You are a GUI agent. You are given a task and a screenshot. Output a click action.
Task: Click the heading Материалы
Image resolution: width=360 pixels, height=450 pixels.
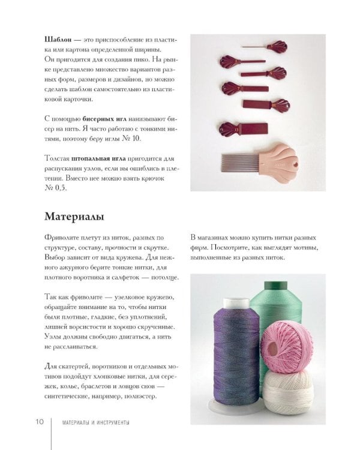[74, 217]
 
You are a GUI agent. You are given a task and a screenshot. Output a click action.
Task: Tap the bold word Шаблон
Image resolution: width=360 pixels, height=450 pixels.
[58, 40]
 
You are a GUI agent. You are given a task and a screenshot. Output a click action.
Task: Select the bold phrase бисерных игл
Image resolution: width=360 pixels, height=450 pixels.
[104, 119]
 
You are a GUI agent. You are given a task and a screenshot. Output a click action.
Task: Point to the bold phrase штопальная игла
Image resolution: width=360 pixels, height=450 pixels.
[98, 158]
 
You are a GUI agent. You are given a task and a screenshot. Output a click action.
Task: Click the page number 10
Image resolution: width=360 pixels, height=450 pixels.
[40, 422]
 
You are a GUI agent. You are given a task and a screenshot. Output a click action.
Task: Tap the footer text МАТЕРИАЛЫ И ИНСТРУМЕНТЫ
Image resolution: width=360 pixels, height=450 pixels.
[95, 422]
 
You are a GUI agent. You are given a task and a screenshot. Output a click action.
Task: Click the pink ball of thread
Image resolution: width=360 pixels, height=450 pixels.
[287, 347]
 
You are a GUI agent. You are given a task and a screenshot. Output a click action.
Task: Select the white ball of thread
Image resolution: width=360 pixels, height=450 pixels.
[289, 393]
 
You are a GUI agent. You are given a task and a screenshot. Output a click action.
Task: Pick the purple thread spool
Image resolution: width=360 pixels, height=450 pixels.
[236, 350]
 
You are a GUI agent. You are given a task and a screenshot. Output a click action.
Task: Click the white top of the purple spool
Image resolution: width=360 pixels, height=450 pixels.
[236, 303]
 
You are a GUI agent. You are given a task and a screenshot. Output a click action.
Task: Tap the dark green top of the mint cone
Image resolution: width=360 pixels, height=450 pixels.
[275, 285]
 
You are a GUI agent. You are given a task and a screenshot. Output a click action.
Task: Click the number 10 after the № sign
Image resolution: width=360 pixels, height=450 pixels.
[136, 139]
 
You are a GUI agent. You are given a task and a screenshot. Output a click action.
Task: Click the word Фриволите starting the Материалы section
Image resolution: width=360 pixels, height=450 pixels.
[61, 238]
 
